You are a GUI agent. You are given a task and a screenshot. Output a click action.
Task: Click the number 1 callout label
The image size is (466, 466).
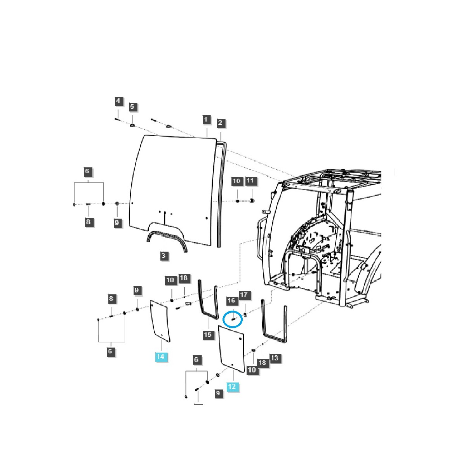click(206, 120)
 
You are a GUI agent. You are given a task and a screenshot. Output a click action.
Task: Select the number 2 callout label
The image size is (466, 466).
click(220, 123)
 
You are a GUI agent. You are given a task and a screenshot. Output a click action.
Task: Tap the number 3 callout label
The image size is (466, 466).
click(163, 255)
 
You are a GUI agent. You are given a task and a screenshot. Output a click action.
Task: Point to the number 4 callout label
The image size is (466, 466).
click(118, 102)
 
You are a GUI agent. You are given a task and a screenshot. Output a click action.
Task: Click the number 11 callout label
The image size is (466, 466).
click(250, 181)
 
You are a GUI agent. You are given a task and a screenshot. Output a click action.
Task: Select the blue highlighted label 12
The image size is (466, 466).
click(232, 387)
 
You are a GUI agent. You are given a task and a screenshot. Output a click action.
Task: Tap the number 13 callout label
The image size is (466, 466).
click(275, 358)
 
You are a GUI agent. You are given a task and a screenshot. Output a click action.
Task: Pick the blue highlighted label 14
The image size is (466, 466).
click(161, 356)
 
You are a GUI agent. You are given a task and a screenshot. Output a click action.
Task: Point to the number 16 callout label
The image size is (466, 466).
click(231, 301)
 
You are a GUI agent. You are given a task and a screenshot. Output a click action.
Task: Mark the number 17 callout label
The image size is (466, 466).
click(243, 295)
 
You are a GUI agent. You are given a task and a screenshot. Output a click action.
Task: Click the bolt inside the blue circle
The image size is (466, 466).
click(233, 319)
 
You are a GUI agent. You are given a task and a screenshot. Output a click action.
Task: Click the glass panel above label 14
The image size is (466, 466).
click(160, 321)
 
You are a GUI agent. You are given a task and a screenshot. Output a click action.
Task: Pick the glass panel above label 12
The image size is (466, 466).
click(231, 349)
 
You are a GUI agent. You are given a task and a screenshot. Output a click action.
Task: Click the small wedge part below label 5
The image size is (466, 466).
click(132, 125)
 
